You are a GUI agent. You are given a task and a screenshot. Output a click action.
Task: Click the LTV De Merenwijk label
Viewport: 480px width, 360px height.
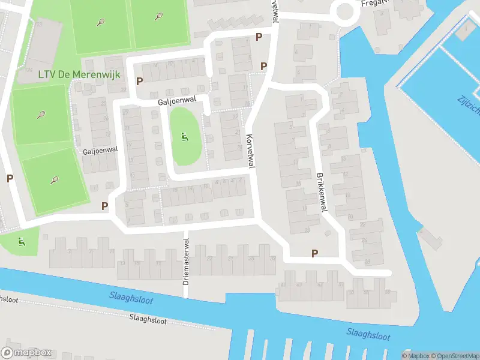click(71, 74)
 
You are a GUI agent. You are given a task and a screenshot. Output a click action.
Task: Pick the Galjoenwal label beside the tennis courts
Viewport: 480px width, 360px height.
click(100, 152)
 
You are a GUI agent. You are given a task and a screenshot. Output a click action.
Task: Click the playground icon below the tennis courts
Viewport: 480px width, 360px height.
click(22, 242)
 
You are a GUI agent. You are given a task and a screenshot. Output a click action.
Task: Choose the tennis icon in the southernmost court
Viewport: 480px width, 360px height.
click(55, 179)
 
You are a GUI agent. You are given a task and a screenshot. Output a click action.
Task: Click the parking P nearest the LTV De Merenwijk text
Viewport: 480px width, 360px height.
click(140, 81)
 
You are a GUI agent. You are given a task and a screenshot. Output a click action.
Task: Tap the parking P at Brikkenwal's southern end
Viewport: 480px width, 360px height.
click(314, 254)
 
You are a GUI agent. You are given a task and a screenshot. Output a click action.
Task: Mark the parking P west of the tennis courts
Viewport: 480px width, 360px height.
click(10, 178)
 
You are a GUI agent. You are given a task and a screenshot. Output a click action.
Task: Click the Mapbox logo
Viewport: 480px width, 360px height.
click(26, 353)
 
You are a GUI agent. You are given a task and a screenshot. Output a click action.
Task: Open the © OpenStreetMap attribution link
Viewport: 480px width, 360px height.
click(453, 356)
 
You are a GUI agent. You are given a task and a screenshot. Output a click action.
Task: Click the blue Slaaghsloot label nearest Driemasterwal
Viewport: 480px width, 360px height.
click(131, 296)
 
